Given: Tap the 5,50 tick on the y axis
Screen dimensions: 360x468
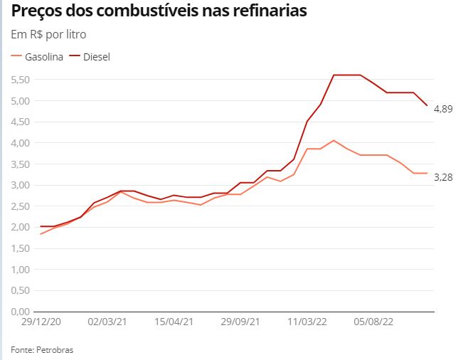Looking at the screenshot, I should [x=20, y=80].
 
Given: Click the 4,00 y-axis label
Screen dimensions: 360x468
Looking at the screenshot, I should [x=20, y=143].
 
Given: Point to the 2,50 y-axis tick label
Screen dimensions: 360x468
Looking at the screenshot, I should [x=20, y=206].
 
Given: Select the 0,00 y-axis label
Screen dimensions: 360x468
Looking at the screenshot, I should [x=20, y=312].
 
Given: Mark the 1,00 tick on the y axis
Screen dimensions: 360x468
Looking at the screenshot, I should [x=20, y=270].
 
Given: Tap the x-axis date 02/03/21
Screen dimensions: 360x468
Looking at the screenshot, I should [x=107, y=322].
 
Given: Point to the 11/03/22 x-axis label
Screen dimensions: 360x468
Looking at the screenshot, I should [x=307, y=322].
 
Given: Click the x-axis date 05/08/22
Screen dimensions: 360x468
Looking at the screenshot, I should [x=373, y=322].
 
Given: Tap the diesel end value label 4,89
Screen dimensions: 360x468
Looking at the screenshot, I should [x=442, y=109].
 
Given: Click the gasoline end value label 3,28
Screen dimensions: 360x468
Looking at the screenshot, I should [x=442, y=177].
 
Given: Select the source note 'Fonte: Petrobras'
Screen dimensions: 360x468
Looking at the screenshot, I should [x=42, y=350].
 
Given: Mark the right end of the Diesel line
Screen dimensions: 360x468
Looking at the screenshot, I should [x=427, y=105].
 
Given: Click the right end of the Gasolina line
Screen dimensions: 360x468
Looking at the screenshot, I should [x=427, y=173].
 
